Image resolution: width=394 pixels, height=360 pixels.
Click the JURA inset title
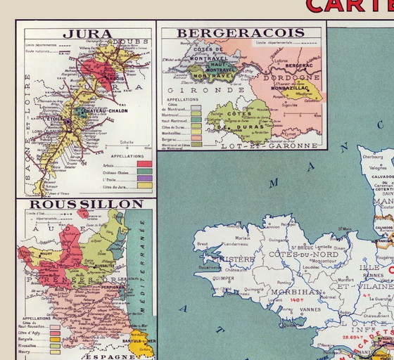(x=83, y=33)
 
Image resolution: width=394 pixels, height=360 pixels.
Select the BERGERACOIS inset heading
(x=241, y=32)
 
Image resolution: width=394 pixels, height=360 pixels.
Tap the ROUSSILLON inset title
(x=86, y=204)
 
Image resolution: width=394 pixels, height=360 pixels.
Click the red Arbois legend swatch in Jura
(x=144, y=164)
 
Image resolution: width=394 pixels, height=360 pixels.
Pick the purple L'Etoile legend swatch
(x=144, y=178)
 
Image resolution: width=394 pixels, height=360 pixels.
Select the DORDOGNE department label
(x=296, y=77)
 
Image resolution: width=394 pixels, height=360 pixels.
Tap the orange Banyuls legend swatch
(x=55, y=339)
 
